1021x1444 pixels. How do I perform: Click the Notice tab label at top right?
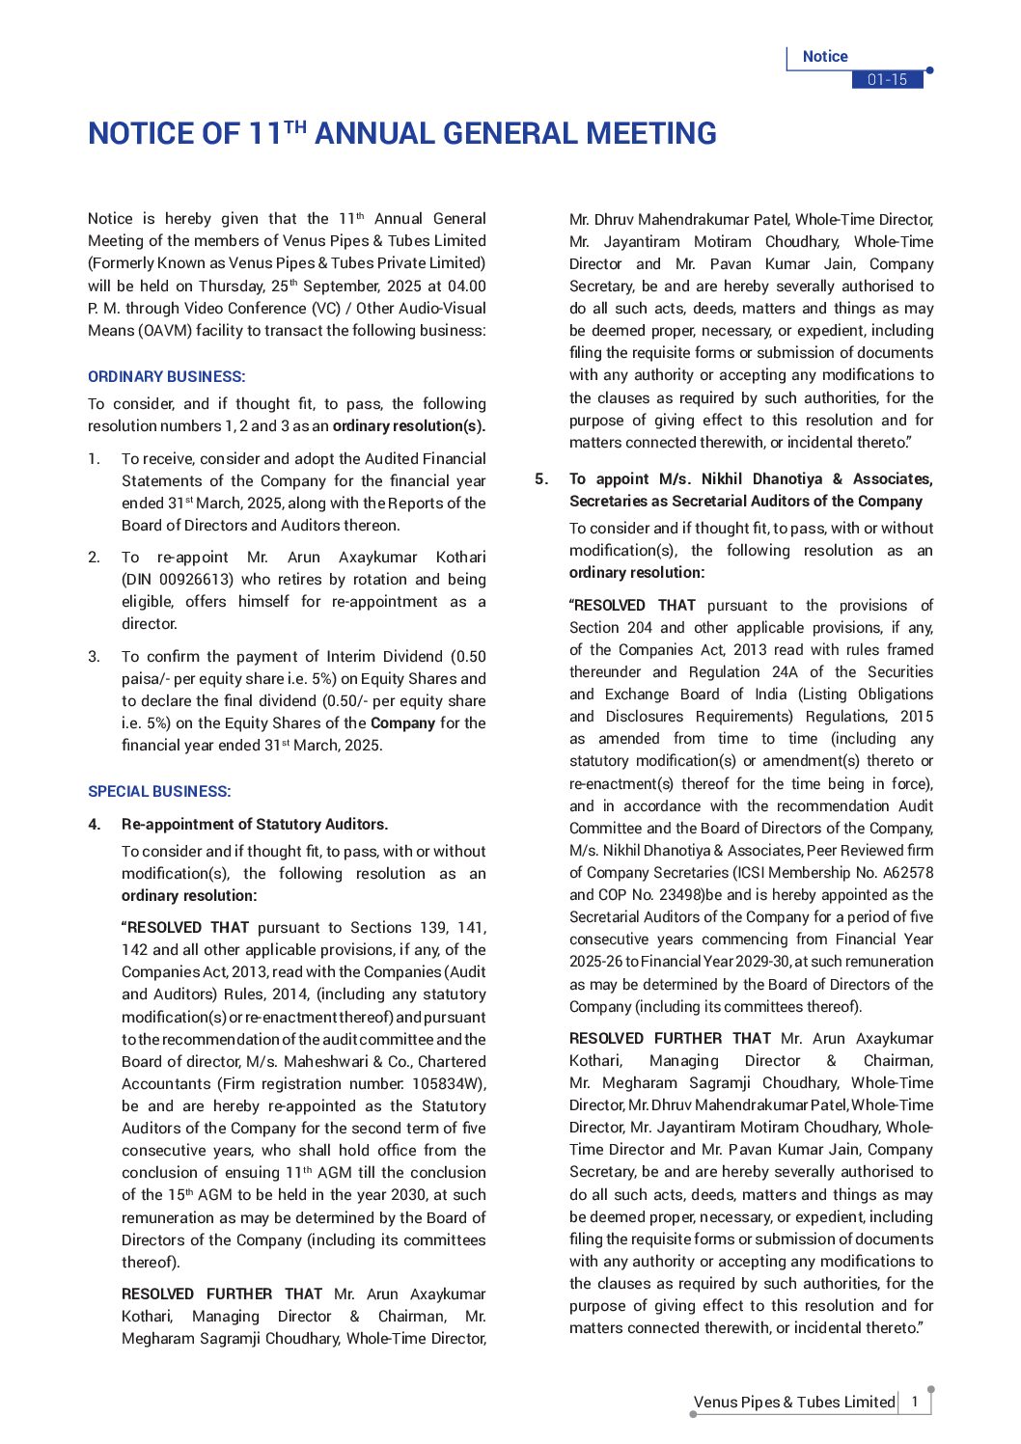825,57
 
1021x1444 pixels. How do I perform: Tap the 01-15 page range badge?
887,80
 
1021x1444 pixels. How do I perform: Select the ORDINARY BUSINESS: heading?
166,376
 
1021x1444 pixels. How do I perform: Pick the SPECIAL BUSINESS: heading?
159,791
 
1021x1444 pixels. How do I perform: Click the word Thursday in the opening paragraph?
232,286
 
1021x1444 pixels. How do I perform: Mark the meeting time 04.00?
467,286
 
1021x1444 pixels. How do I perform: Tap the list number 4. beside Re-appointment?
94,824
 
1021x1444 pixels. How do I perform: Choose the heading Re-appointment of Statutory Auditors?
255,824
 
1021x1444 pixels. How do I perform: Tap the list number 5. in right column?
541,478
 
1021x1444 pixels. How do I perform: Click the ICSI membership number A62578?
907,872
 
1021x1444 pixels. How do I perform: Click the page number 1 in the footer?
915,1402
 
